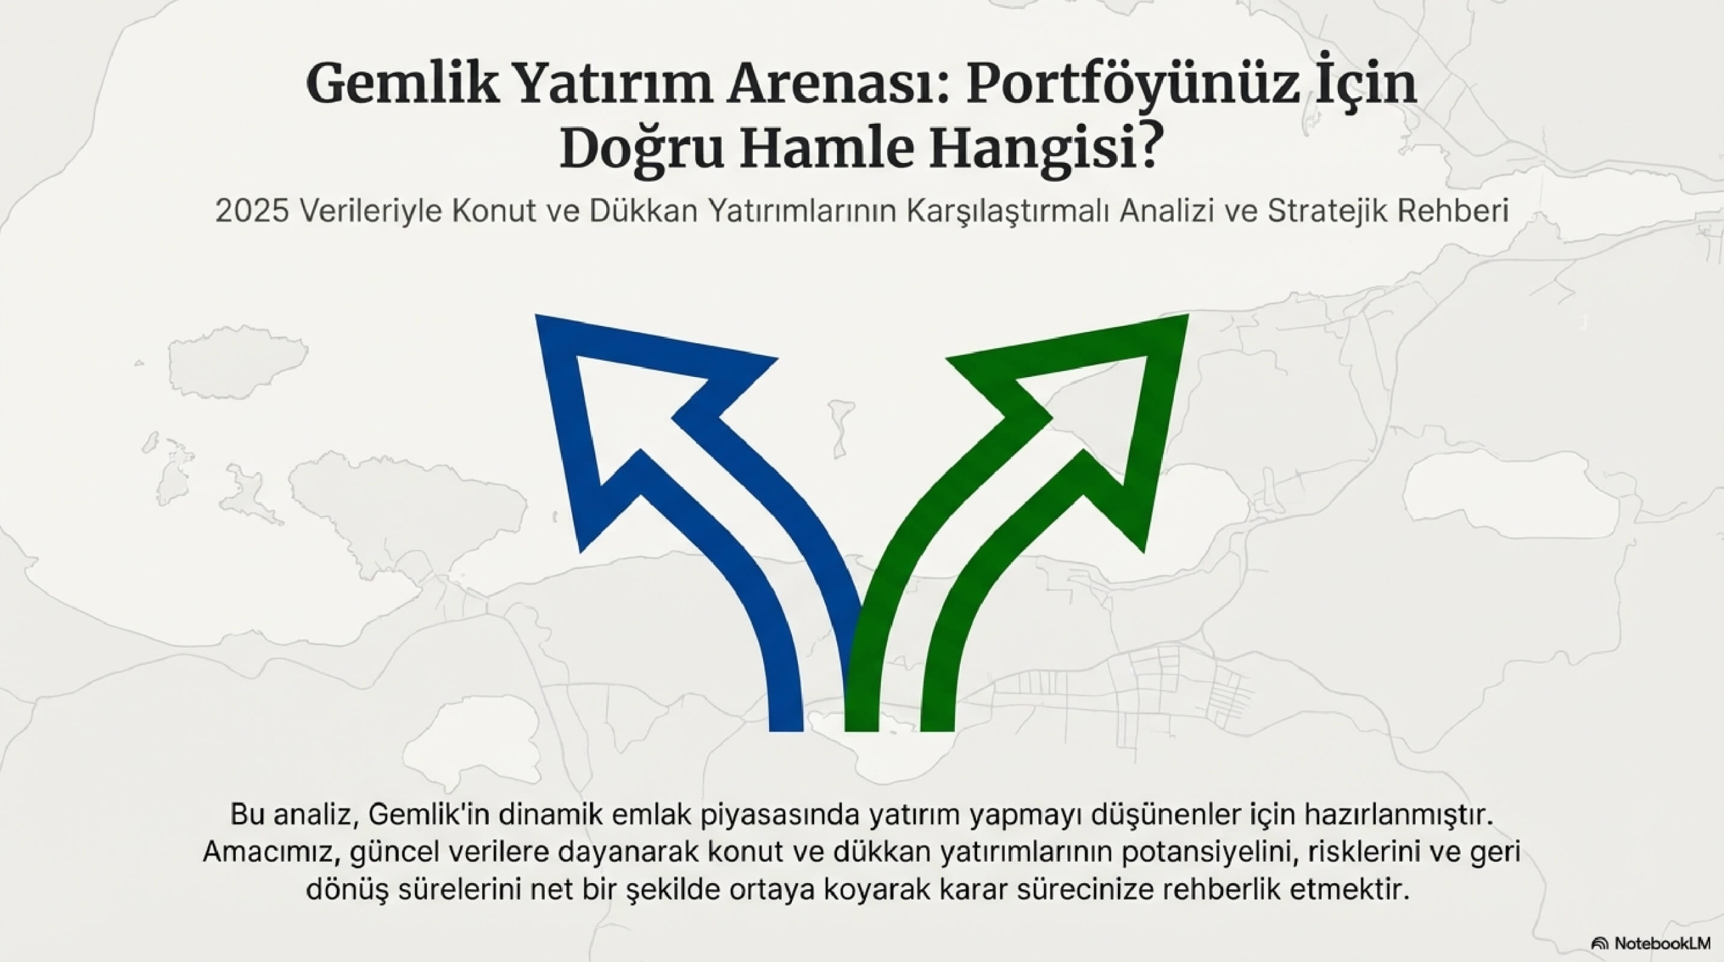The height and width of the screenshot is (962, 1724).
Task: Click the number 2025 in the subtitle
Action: point(252,211)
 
